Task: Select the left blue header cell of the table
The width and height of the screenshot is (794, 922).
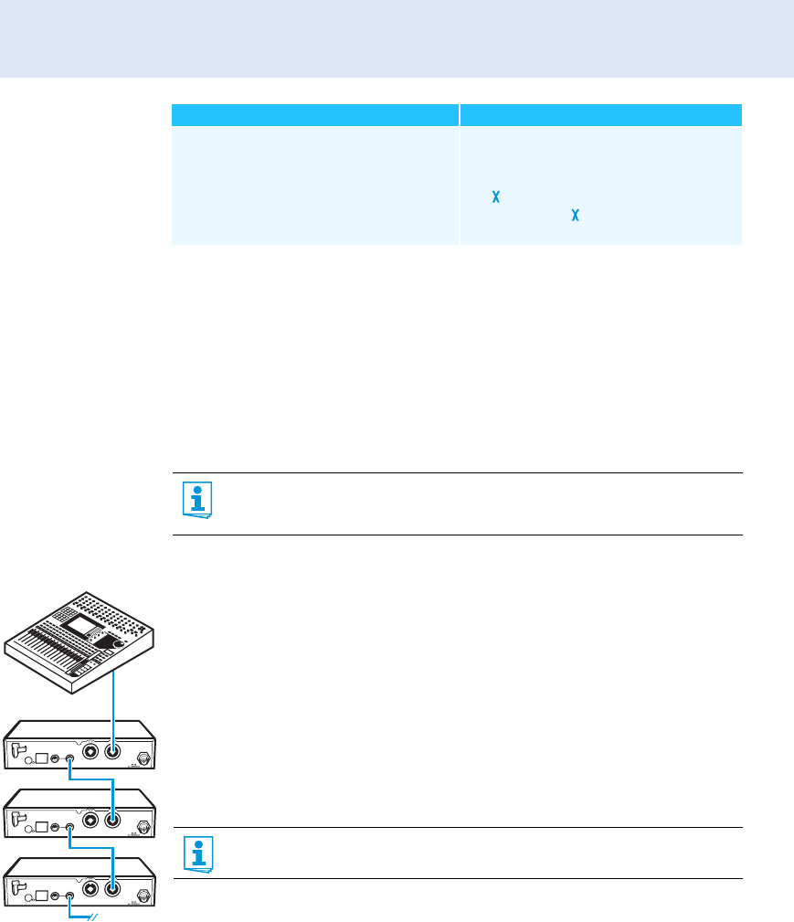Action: (x=315, y=114)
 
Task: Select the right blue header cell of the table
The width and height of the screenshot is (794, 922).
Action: (x=600, y=114)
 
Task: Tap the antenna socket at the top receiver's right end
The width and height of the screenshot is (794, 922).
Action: (x=143, y=756)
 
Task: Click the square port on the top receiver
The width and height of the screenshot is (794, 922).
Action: (x=40, y=758)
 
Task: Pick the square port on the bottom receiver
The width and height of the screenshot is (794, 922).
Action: (x=40, y=894)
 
